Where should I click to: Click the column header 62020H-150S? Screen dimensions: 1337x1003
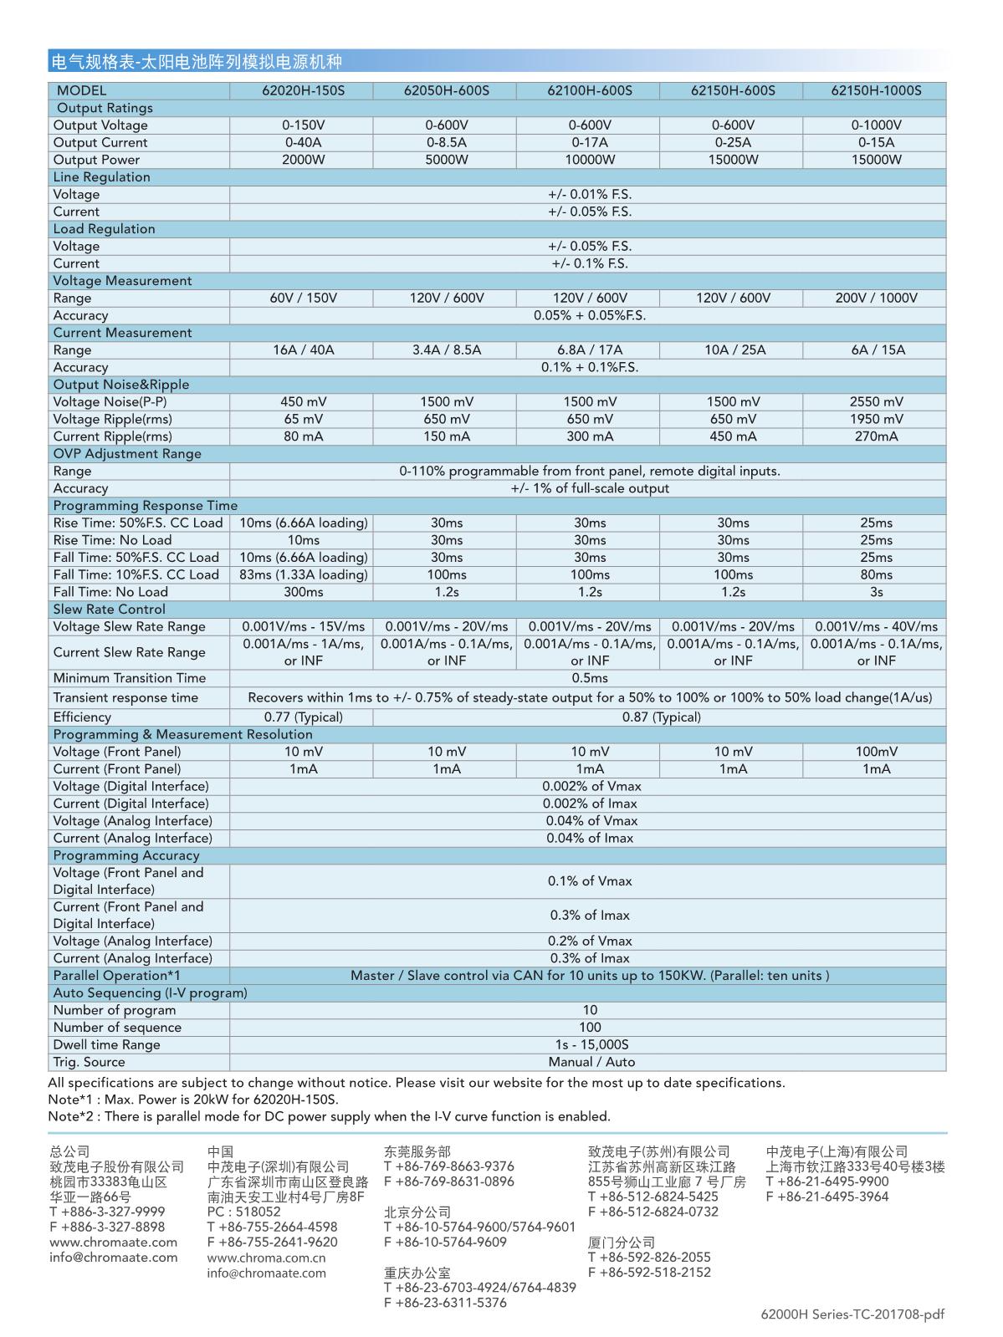pos(303,90)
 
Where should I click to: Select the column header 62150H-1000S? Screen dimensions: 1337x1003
pos(876,90)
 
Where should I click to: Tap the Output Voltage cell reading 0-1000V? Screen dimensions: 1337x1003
pos(876,125)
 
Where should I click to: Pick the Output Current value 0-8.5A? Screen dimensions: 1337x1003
pos(446,142)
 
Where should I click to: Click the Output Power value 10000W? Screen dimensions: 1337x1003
pos(590,160)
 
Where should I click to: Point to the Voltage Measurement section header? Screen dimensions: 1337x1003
pos(122,281)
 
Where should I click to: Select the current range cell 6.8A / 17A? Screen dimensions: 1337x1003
pos(590,350)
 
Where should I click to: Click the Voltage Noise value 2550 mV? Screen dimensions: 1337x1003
pos(876,402)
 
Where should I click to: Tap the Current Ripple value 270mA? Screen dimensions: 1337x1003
pos(876,436)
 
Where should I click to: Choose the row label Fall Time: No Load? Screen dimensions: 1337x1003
pos(110,592)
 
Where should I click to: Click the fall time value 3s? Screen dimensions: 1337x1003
pos(876,592)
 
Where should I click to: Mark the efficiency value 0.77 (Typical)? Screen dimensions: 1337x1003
pos(303,717)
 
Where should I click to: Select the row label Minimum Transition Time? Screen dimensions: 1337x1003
pos(129,678)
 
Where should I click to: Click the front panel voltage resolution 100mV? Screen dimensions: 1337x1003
pos(876,752)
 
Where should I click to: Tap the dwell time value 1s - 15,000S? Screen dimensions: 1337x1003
pos(590,1045)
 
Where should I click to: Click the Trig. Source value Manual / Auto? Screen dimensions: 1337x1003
pos(590,1063)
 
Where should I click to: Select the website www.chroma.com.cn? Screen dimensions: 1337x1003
pos(266,1258)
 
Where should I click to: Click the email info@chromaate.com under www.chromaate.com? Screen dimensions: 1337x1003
pos(113,1258)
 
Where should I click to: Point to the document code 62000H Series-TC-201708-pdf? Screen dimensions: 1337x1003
pos(852,1314)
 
